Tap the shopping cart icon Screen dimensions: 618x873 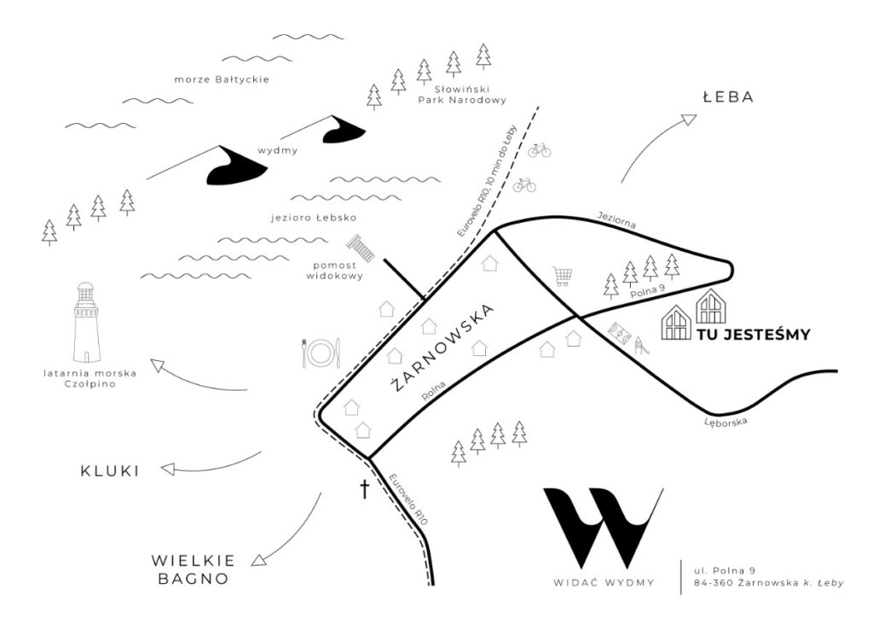click(x=562, y=276)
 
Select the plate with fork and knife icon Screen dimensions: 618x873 click(x=321, y=352)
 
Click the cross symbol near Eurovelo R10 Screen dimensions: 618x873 click(x=365, y=489)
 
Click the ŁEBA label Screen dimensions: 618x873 click(x=728, y=97)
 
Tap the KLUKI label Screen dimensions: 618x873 click(x=109, y=470)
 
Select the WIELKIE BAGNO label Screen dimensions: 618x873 click(x=192, y=569)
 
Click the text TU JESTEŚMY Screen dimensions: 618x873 click(x=752, y=335)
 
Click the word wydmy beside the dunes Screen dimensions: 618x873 click(x=277, y=151)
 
